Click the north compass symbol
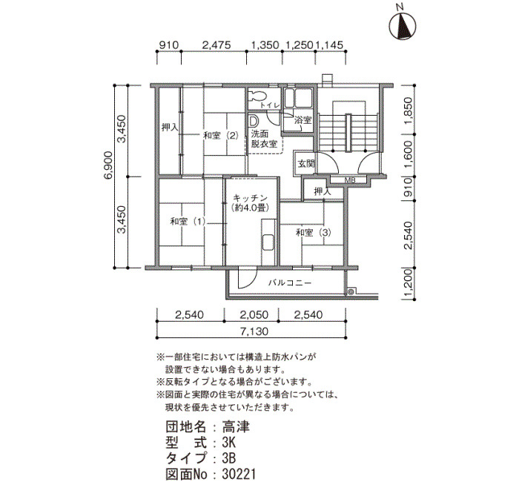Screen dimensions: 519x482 (x=402, y=25)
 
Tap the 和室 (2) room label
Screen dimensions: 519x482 (x=220, y=136)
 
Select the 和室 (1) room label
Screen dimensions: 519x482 (x=188, y=222)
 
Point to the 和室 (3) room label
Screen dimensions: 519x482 (x=313, y=233)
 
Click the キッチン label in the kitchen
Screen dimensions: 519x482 (x=251, y=198)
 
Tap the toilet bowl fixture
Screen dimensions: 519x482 (x=257, y=96)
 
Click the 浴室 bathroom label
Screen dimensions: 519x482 (x=303, y=120)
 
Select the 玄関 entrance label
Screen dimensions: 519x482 (x=305, y=164)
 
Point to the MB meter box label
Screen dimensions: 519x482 (x=350, y=181)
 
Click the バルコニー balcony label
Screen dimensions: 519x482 (x=290, y=283)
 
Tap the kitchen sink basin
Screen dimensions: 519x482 (x=268, y=243)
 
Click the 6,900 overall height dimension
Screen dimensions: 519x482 (x=108, y=165)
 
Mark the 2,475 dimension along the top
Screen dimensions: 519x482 (x=216, y=45)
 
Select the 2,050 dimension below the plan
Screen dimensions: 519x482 (x=254, y=314)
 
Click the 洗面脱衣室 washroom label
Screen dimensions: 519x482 (x=264, y=139)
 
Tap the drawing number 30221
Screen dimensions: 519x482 (x=239, y=474)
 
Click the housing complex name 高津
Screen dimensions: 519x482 (x=236, y=427)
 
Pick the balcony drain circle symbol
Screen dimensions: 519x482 (x=349, y=292)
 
